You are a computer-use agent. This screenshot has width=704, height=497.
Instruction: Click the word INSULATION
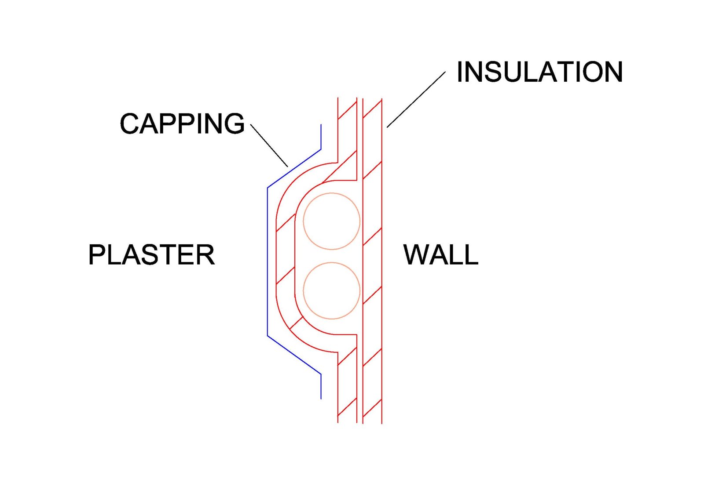[x=539, y=72]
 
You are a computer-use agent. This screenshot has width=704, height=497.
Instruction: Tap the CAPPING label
[x=182, y=123]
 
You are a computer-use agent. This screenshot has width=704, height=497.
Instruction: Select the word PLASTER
[x=151, y=254]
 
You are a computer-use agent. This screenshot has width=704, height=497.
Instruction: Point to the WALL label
[x=440, y=254]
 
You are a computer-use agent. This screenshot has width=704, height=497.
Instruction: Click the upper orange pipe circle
[x=332, y=221]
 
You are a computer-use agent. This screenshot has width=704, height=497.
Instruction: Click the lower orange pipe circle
[x=332, y=291]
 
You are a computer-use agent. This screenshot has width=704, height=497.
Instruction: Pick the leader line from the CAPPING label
[x=269, y=145]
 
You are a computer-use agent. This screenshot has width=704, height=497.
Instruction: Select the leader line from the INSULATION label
[x=416, y=99]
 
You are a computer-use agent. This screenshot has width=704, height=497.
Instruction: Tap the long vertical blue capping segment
[x=268, y=262]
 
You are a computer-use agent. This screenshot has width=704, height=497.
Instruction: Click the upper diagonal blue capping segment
[x=294, y=169]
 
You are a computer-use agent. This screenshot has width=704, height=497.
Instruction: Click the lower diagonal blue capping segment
[x=294, y=355]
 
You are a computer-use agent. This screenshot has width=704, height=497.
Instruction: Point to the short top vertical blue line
[x=321, y=137]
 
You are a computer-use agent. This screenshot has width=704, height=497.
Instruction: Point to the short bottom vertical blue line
[x=321, y=387]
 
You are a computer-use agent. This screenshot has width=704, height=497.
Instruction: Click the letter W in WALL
[x=417, y=254]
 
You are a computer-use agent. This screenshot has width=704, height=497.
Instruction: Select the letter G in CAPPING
[x=234, y=123]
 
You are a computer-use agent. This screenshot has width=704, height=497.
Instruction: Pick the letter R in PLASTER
[x=205, y=254]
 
